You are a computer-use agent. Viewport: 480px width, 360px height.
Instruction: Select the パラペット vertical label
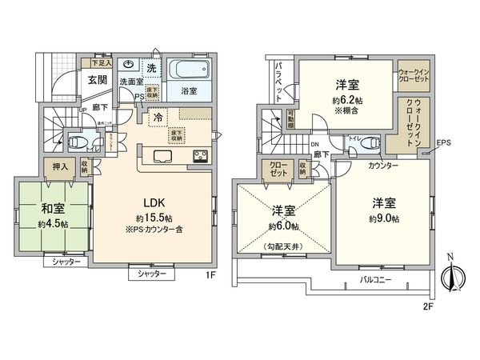(280, 78)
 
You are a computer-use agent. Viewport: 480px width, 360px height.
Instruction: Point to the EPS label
(444, 144)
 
